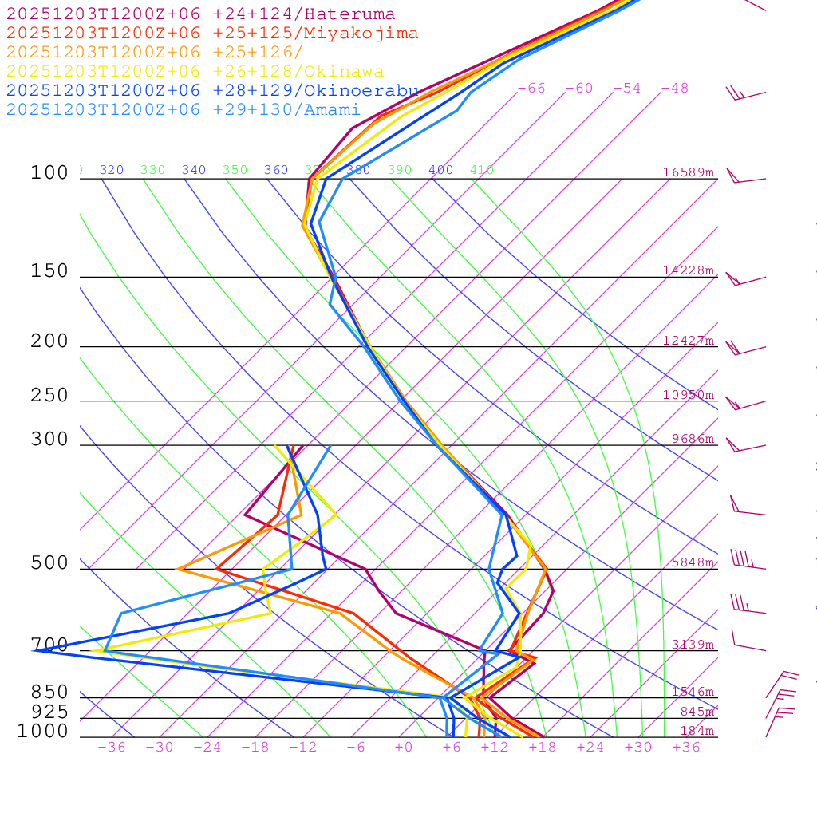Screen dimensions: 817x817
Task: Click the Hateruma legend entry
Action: pyautogui.click(x=200, y=14)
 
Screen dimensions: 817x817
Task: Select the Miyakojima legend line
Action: pyautogui.click(x=211, y=34)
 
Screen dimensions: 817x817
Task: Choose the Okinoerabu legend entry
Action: pyautogui.click(x=212, y=91)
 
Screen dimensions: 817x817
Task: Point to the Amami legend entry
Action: pyautogui.click(x=183, y=110)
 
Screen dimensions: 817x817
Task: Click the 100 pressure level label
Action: pyautogui.click(x=49, y=173)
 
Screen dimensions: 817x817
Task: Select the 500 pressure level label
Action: pyautogui.click(x=49, y=564)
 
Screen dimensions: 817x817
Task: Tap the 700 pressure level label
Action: pyautogui.click(x=49, y=645)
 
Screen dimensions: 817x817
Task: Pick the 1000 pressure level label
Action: pyautogui.click(x=42, y=732)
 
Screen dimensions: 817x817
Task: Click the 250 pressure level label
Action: pyautogui.click(x=49, y=396)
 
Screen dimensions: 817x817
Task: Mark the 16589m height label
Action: pyautogui.click(x=689, y=172)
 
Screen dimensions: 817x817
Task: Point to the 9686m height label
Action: pyautogui.click(x=693, y=439)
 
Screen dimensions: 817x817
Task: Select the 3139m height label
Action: pyautogui.click(x=693, y=645)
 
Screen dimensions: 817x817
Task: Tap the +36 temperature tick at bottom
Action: pyautogui.click(x=686, y=748)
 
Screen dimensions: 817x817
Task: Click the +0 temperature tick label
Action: pyautogui.click(x=404, y=748)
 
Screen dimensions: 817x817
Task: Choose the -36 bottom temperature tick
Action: pyautogui.click(x=112, y=748)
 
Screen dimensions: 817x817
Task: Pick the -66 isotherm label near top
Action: pyautogui.click(x=531, y=89)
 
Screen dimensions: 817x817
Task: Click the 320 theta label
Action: pyautogui.click(x=112, y=170)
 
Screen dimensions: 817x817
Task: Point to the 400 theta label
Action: pyautogui.click(x=440, y=170)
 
